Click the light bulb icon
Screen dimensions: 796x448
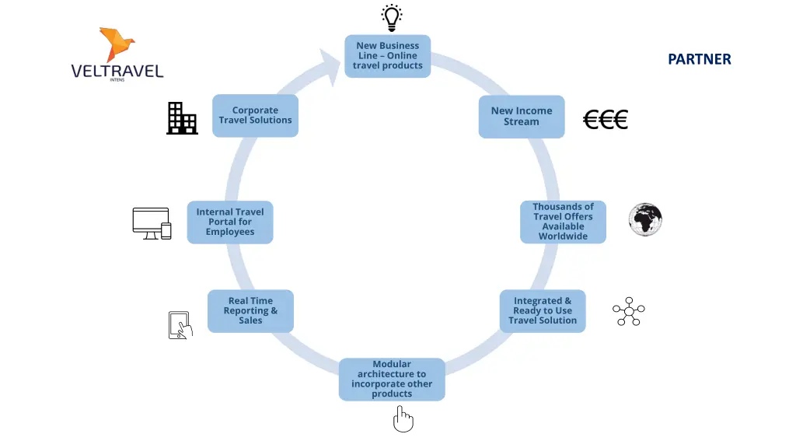click(392, 18)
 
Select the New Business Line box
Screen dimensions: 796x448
click(388, 56)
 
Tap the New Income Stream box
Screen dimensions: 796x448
click(522, 117)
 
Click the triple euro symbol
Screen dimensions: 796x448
click(605, 120)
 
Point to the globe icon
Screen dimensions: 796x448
click(645, 219)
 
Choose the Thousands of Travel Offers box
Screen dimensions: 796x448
click(563, 222)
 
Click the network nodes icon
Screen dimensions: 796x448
click(628, 311)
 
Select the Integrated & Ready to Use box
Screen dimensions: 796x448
click(543, 311)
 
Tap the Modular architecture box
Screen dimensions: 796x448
click(392, 379)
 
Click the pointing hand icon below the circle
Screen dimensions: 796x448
click(403, 419)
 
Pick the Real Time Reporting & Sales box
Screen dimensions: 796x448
click(250, 311)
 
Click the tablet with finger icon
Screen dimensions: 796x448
click(180, 325)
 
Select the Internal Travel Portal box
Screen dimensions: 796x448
click(230, 222)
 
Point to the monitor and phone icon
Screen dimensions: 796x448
click(152, 223)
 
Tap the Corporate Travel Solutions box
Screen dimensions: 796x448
click(255, 115)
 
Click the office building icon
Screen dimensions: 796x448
click(182, 118)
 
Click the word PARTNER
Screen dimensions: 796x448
click(700, 59)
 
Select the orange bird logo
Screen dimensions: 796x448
click(117, 44)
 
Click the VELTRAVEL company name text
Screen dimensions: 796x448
click(117, 71)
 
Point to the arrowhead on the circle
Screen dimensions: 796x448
click(331, 66)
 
